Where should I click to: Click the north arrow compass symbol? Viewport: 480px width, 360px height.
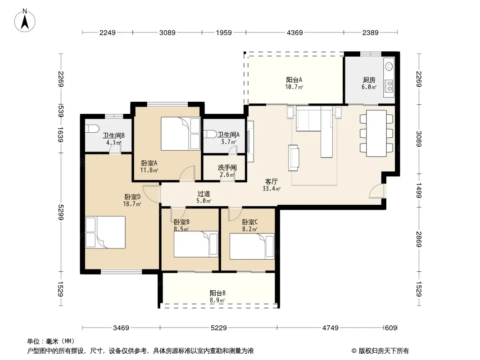pyautogui.click(x=25, y=21)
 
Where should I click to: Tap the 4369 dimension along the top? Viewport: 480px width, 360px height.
pyautogui.click(x=294, y=32)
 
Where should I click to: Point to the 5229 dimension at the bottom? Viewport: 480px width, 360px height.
pyautogui.click(x=218, y=328)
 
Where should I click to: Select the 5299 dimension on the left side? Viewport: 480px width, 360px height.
pyautogui.click(x=60, y=212)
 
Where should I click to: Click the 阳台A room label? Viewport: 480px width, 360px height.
pyautogui.click(x=294, y=80)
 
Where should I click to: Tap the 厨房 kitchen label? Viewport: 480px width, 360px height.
pyautogui.click(x=369, y=80)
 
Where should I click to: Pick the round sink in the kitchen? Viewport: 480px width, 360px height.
pyautogui.click(x=389, y=66)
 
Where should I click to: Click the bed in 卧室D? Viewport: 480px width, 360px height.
pyautogui.click(x=105, y=232)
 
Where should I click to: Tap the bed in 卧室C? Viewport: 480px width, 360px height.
pyautogui.click(x=252, y=247)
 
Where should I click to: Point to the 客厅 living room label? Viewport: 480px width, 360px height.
pyautogui.click(x=271, y=182)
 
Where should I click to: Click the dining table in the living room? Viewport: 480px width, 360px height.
pyautogui.click(x=376, y=133)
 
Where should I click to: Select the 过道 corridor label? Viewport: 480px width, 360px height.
pyautogui.click(x=204, y=194)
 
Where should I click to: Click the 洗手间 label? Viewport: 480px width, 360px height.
pyautogui.click(x=227, y=167)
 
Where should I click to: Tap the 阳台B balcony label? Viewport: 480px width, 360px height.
pyautogui.click(x=217, y=293)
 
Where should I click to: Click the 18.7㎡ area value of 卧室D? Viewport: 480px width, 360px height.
pyautogui.click(x=132, y=204)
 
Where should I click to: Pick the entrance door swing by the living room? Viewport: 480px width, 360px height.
pyautogui.click(x=376, y=191)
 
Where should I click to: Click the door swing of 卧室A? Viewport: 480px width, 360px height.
pyautogui.click(x=187, y=174)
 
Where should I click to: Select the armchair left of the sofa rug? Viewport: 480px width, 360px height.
pyautogui.click(x=294, y=158)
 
